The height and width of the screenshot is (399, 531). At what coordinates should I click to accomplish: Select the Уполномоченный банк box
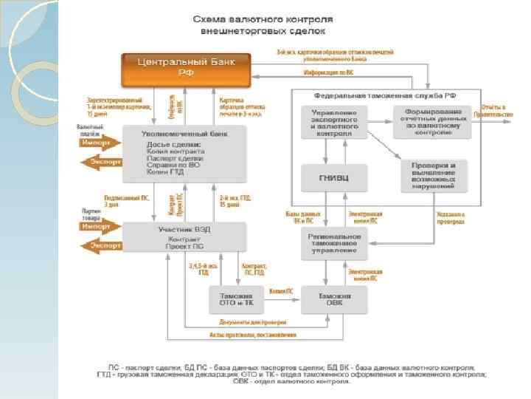185,154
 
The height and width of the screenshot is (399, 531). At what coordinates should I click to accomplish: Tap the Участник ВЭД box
185,236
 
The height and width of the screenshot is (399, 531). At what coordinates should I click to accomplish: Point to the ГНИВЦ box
330,177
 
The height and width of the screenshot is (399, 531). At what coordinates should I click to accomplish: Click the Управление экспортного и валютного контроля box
330,121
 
